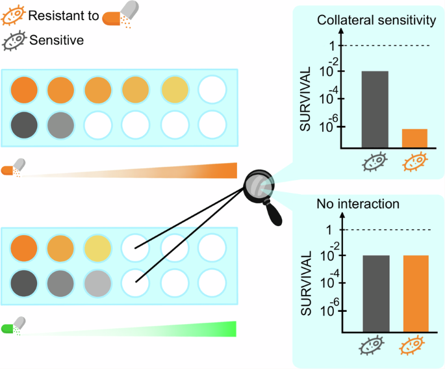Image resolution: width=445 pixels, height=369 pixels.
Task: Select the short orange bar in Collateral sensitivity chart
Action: click(414, 138)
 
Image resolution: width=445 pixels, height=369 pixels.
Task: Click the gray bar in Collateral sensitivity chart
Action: click(375, 109)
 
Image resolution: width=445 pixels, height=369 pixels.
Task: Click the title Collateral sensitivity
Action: click(375, 21)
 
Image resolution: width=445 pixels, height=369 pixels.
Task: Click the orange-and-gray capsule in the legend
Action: click(121, 15)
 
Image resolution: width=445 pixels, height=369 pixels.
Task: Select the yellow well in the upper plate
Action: click(174, 88)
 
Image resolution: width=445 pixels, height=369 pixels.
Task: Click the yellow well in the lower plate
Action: click(96, 247)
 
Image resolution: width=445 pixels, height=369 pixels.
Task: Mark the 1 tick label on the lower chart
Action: click(330, 229)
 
